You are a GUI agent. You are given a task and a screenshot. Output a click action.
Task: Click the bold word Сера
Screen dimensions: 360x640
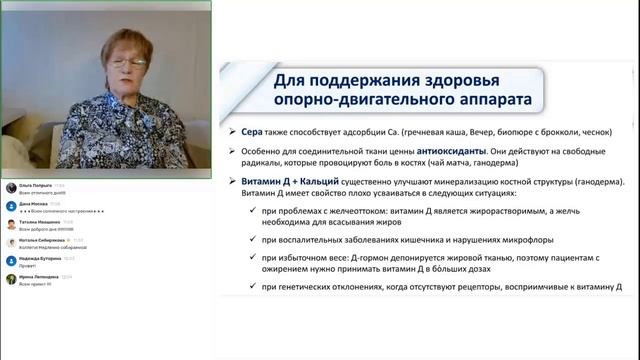coord(251,131)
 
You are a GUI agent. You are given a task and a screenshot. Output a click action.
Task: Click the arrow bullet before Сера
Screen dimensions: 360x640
coord(233,132)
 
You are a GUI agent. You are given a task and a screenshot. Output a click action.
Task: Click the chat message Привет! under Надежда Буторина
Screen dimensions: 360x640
coord(29,265)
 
